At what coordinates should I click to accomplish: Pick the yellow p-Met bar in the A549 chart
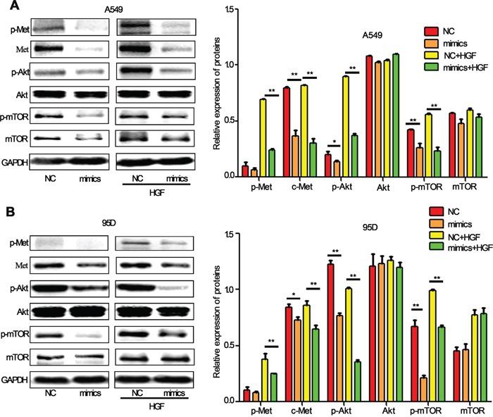coord(263,137)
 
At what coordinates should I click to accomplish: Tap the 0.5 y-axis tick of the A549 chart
coord(229,120)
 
